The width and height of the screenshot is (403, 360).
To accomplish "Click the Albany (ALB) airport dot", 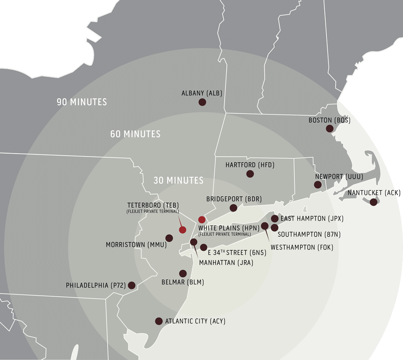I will [202, 102].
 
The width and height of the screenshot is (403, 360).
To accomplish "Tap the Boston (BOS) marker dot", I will [330, 129].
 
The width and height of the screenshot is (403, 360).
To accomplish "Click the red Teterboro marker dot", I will [183, 230].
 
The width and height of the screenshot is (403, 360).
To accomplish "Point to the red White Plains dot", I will [202, 220].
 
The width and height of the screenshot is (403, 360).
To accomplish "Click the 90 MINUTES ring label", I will [82, 102].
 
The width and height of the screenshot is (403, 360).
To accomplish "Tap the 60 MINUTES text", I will [135, 134].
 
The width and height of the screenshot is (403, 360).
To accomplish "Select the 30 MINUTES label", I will [179, 180].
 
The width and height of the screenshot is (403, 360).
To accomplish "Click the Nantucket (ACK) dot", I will [374, 202].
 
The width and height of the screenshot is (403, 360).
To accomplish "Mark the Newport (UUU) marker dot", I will [318, 185].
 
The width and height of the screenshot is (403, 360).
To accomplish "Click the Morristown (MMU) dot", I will [169, 238].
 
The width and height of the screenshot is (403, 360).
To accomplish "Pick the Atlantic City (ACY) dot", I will [158, 321].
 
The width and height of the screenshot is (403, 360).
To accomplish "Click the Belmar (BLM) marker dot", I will [183, 273].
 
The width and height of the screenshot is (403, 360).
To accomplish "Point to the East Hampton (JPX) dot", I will [274, 218].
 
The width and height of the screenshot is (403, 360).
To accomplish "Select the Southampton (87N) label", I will [305, 234].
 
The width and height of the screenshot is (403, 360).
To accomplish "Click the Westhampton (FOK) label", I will [302, 247].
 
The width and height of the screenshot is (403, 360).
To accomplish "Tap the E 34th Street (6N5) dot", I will [204, 248].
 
